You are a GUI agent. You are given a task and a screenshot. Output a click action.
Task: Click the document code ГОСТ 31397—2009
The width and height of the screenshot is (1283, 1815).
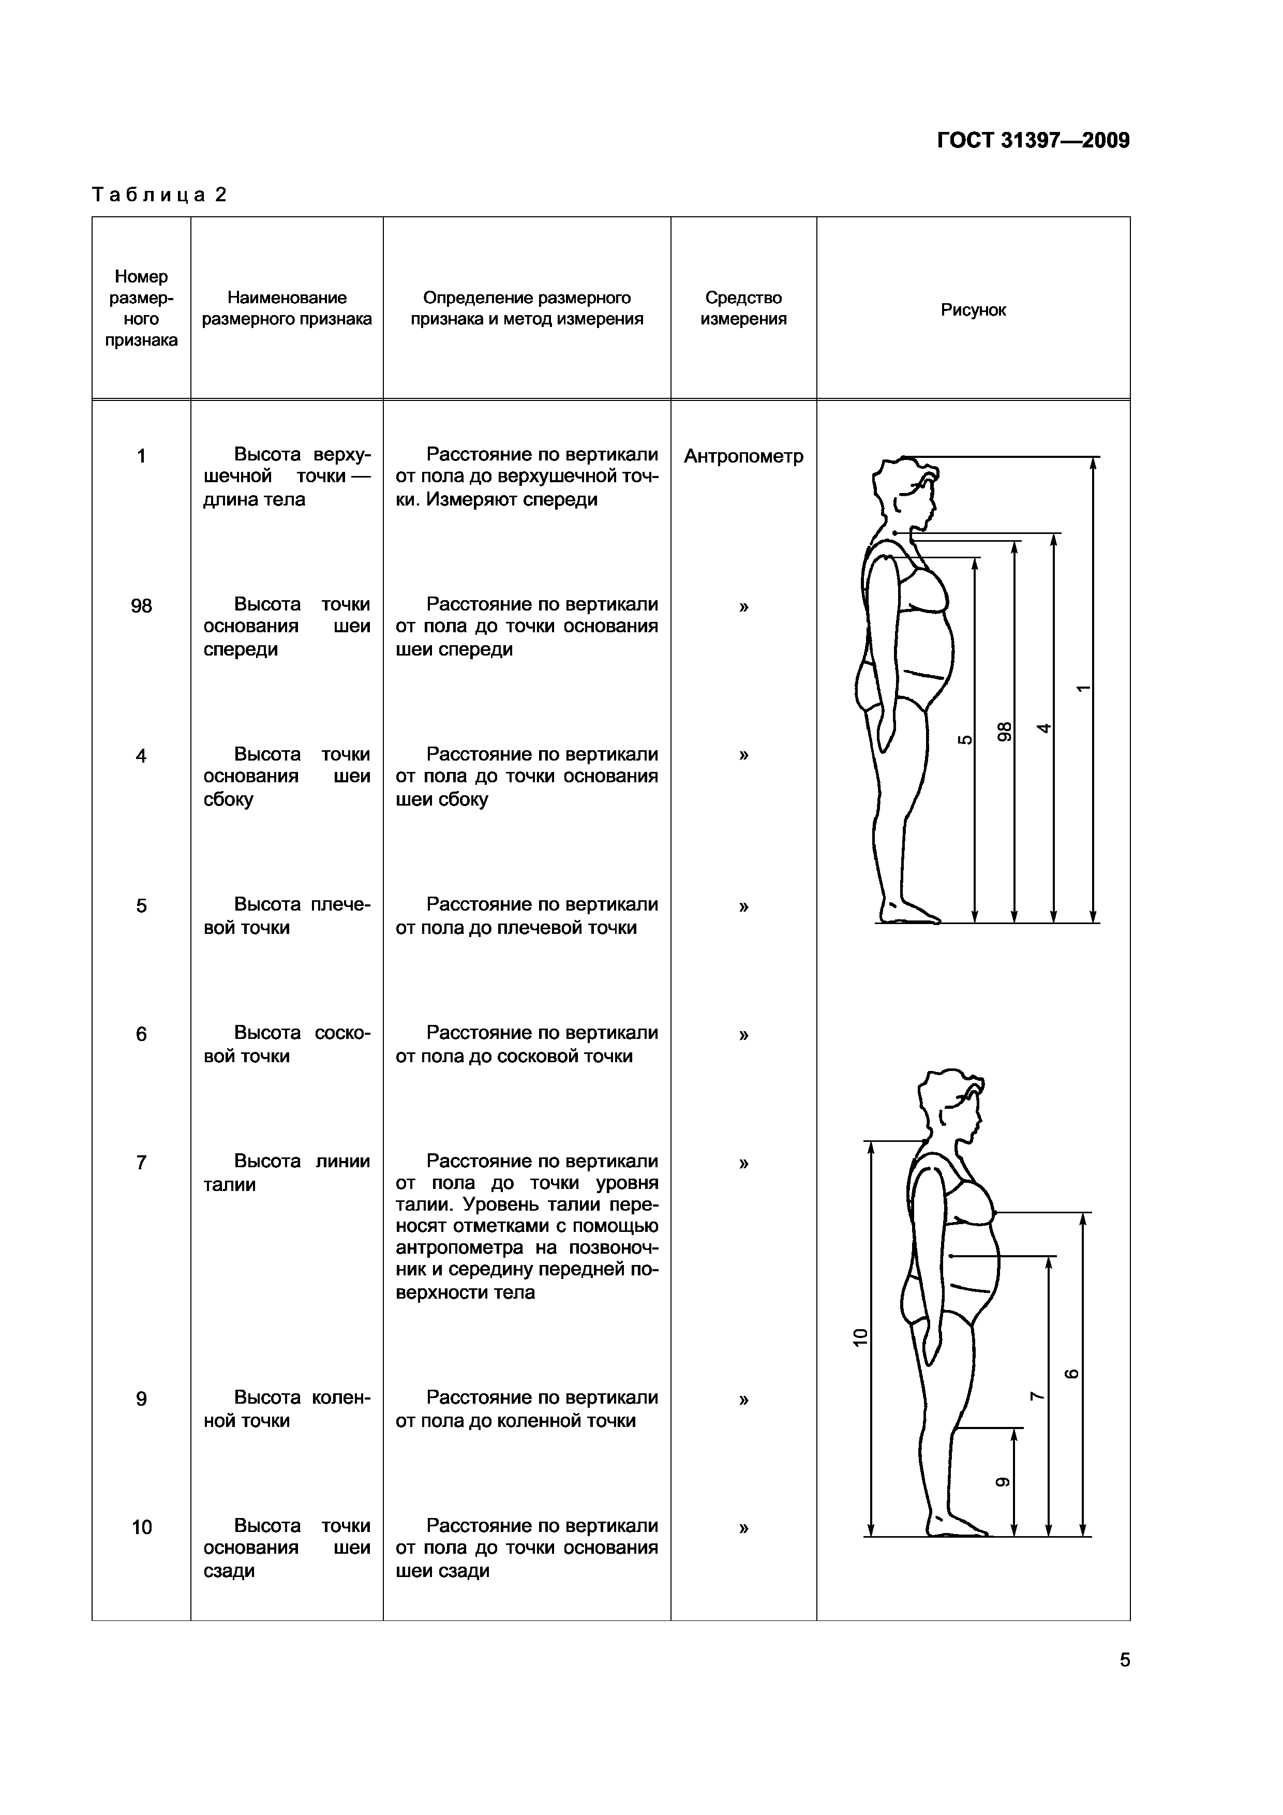point(1033,141)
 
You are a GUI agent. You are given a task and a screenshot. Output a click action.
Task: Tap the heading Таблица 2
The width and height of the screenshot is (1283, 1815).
point(160,195)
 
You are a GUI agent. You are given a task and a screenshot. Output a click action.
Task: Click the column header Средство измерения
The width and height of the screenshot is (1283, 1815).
point(743,308)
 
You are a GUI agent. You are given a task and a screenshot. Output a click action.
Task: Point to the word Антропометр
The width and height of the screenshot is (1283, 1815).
point(743,456)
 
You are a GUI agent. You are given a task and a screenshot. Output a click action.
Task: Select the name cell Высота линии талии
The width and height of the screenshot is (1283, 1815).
point(286,1173)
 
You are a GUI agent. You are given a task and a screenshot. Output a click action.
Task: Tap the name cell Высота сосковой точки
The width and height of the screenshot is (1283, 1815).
point(286,1044)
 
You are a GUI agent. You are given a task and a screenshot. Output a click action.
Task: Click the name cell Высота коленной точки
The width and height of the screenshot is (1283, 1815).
point(286,1409)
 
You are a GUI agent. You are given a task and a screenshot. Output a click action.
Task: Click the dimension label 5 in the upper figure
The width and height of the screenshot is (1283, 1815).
point(964,740)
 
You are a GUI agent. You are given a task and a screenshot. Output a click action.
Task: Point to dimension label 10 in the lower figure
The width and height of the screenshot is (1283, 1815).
point(861,1337)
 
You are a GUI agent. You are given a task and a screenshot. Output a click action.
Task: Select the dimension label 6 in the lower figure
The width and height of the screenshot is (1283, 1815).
point(1072,1374)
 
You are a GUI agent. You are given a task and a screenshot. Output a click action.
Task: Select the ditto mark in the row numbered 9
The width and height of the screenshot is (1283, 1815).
point(743,1399)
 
